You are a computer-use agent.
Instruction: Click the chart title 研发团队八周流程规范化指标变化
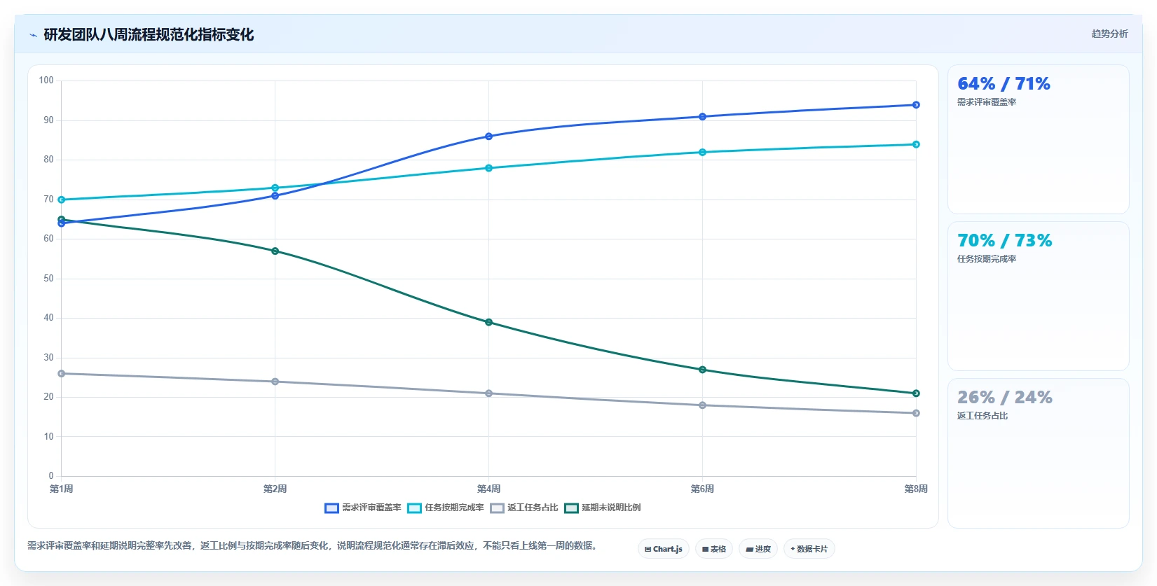(x=149, y=34)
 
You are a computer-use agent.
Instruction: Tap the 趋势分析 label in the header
(x=1109, y=34)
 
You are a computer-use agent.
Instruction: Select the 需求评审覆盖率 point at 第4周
(x=488, y=137)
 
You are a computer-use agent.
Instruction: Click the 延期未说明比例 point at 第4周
(x=488, y=322)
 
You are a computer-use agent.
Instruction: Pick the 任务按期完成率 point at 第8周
(x=916, y=144)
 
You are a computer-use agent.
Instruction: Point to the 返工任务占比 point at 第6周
(x=702, y=405)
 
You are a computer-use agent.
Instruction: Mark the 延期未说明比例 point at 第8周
(x=916, y=393)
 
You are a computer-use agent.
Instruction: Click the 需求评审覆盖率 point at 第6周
(x=702, y=117)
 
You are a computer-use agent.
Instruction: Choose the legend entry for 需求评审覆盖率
(x=362, y=508)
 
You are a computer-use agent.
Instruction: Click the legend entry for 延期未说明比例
(x=602, y=508)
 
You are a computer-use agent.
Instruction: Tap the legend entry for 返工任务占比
(x=523, y=508)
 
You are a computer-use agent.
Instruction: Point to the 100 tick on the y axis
(x=46, y=81)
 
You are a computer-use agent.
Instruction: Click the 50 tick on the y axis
(x=48, y=279)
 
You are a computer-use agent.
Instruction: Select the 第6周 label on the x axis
(x=702, y=489)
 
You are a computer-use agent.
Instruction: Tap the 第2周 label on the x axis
(x=275, y=489)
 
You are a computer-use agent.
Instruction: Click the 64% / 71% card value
(x=1004, y=83)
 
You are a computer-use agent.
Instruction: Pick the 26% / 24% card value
(x=1005, y=397)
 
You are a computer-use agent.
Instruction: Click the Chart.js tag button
(x=664, y=549)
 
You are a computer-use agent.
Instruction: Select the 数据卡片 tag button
(x=809, y=549)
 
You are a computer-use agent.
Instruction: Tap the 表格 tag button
(x=714, y=549)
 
